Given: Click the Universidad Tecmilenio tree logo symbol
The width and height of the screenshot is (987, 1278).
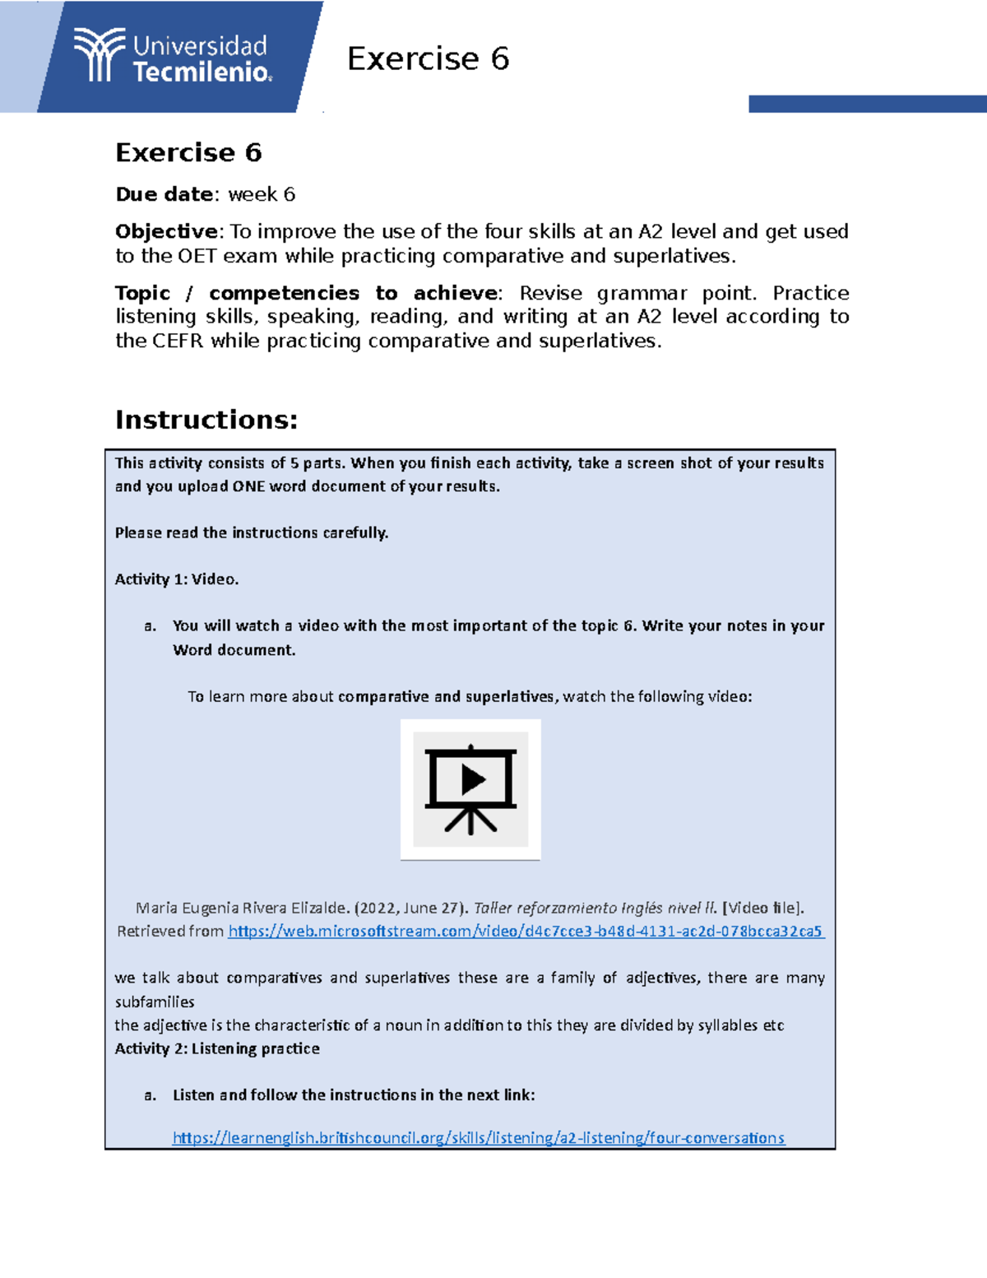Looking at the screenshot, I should point(99,55).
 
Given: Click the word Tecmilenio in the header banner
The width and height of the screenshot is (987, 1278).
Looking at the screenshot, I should point(202,72).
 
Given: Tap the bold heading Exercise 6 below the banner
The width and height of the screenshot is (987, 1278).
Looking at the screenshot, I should point(188,153).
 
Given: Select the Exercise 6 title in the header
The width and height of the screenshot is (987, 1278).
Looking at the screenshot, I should point(428,59).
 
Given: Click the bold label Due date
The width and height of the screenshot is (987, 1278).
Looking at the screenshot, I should point(164,194).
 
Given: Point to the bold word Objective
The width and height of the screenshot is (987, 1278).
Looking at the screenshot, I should point(166,231).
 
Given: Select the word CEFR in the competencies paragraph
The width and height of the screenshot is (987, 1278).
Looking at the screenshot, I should point(178,341).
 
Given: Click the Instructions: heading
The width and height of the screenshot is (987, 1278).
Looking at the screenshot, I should point(206,420).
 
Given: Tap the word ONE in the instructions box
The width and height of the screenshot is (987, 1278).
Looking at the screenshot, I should point(248,486).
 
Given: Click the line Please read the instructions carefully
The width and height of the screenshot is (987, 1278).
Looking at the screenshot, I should point(251,532).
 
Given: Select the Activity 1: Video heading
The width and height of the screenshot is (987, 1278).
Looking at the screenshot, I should point(177,579).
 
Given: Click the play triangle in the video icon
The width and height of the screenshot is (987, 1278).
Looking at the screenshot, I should point(472,778).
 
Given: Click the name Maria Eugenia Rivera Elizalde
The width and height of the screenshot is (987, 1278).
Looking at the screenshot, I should point(243,908).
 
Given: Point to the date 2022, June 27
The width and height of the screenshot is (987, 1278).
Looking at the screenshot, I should point(409,908).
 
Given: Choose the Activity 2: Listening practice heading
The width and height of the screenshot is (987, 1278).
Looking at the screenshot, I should point(217,1048).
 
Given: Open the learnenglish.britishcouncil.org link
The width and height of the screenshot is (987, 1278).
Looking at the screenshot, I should point(478,1138).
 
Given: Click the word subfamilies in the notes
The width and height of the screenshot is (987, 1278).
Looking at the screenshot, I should point(155,1001).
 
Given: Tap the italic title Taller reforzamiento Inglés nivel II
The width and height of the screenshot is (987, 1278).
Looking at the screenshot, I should point(595,908).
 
